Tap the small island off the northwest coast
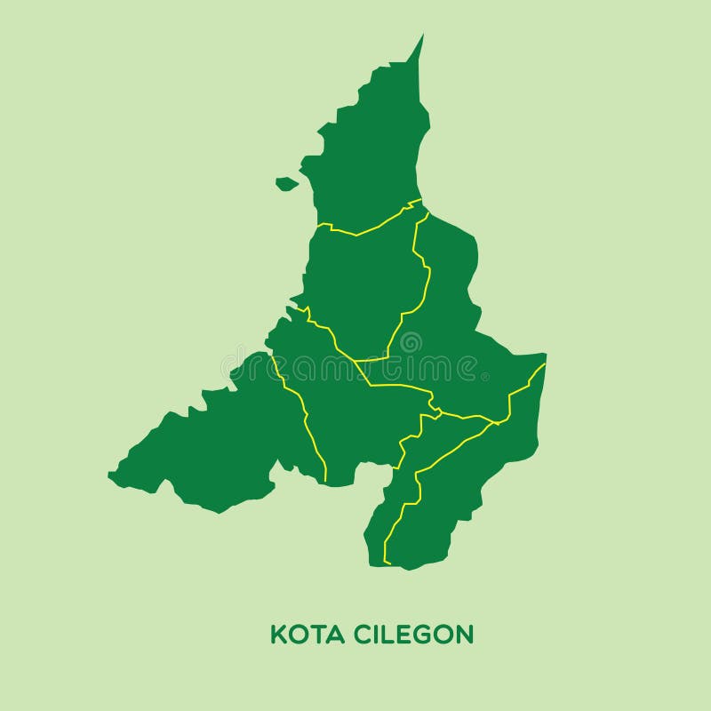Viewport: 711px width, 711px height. (286, 184)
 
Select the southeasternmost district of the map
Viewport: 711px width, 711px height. (462, 498)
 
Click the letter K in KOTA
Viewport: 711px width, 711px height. (277, 635)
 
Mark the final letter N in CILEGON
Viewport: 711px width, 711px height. (464, 635)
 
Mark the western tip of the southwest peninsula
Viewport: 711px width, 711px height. (110, 475)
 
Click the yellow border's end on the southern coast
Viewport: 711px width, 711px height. (386, 563)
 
